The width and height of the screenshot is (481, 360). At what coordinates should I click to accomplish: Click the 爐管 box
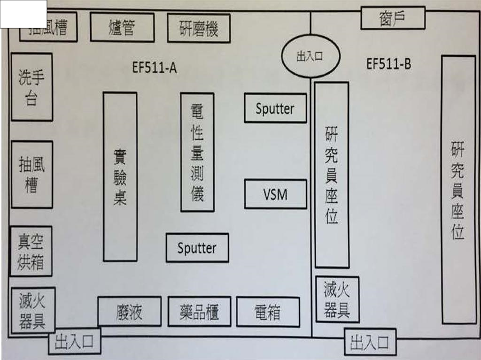tap(122, 27)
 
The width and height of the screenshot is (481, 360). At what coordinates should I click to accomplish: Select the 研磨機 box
tap(199, 28)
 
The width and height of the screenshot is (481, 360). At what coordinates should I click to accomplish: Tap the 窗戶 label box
tap(393, 18)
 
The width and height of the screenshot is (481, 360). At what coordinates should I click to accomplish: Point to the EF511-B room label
tap(388, 64)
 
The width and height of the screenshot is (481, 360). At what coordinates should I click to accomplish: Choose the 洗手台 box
tap(31, 87)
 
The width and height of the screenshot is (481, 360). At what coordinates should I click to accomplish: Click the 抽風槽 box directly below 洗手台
tap(31, 174)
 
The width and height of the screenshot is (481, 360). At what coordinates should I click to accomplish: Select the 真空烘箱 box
tap(31, 251)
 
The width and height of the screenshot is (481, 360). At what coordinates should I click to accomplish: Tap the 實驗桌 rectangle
tap(120, 176)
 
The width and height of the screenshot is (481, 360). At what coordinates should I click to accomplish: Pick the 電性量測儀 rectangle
tap(197, 152)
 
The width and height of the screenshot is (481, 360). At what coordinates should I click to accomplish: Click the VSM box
tap(275, 194)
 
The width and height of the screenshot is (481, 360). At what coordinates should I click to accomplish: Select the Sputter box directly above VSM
tap(275, 108)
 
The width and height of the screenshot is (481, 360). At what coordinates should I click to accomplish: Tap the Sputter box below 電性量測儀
tap(197, 248)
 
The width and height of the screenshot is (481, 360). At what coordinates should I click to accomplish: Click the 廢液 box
tap(129, 311)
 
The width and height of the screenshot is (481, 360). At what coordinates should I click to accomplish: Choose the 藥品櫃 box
tap(199, 311)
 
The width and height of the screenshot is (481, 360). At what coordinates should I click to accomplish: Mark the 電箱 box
tap(268, 312)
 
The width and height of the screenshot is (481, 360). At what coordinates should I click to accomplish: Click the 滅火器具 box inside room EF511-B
tap(337, 299)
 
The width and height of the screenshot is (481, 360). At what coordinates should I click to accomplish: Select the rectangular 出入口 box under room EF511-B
tap(370, 342)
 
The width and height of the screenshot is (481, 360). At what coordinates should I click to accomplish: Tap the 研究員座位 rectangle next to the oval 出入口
tap(332, 175)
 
